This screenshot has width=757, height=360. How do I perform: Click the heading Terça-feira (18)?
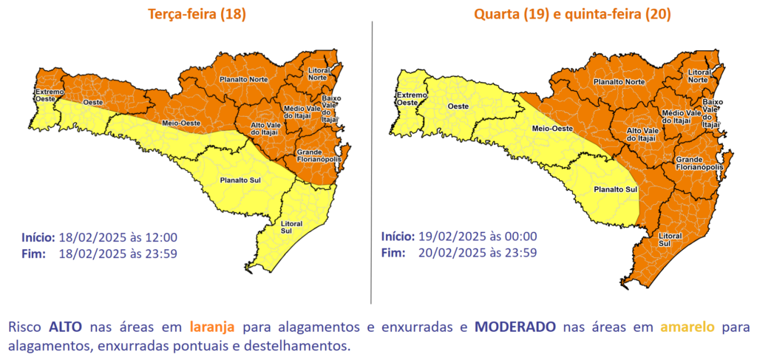pos(197,15)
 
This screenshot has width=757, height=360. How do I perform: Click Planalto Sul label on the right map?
pos(616,189)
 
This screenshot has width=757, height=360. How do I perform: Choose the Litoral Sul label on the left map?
pos(291,225)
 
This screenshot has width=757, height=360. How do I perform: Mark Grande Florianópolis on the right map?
pos(698,163)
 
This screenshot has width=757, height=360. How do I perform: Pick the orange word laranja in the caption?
pos(211,326)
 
